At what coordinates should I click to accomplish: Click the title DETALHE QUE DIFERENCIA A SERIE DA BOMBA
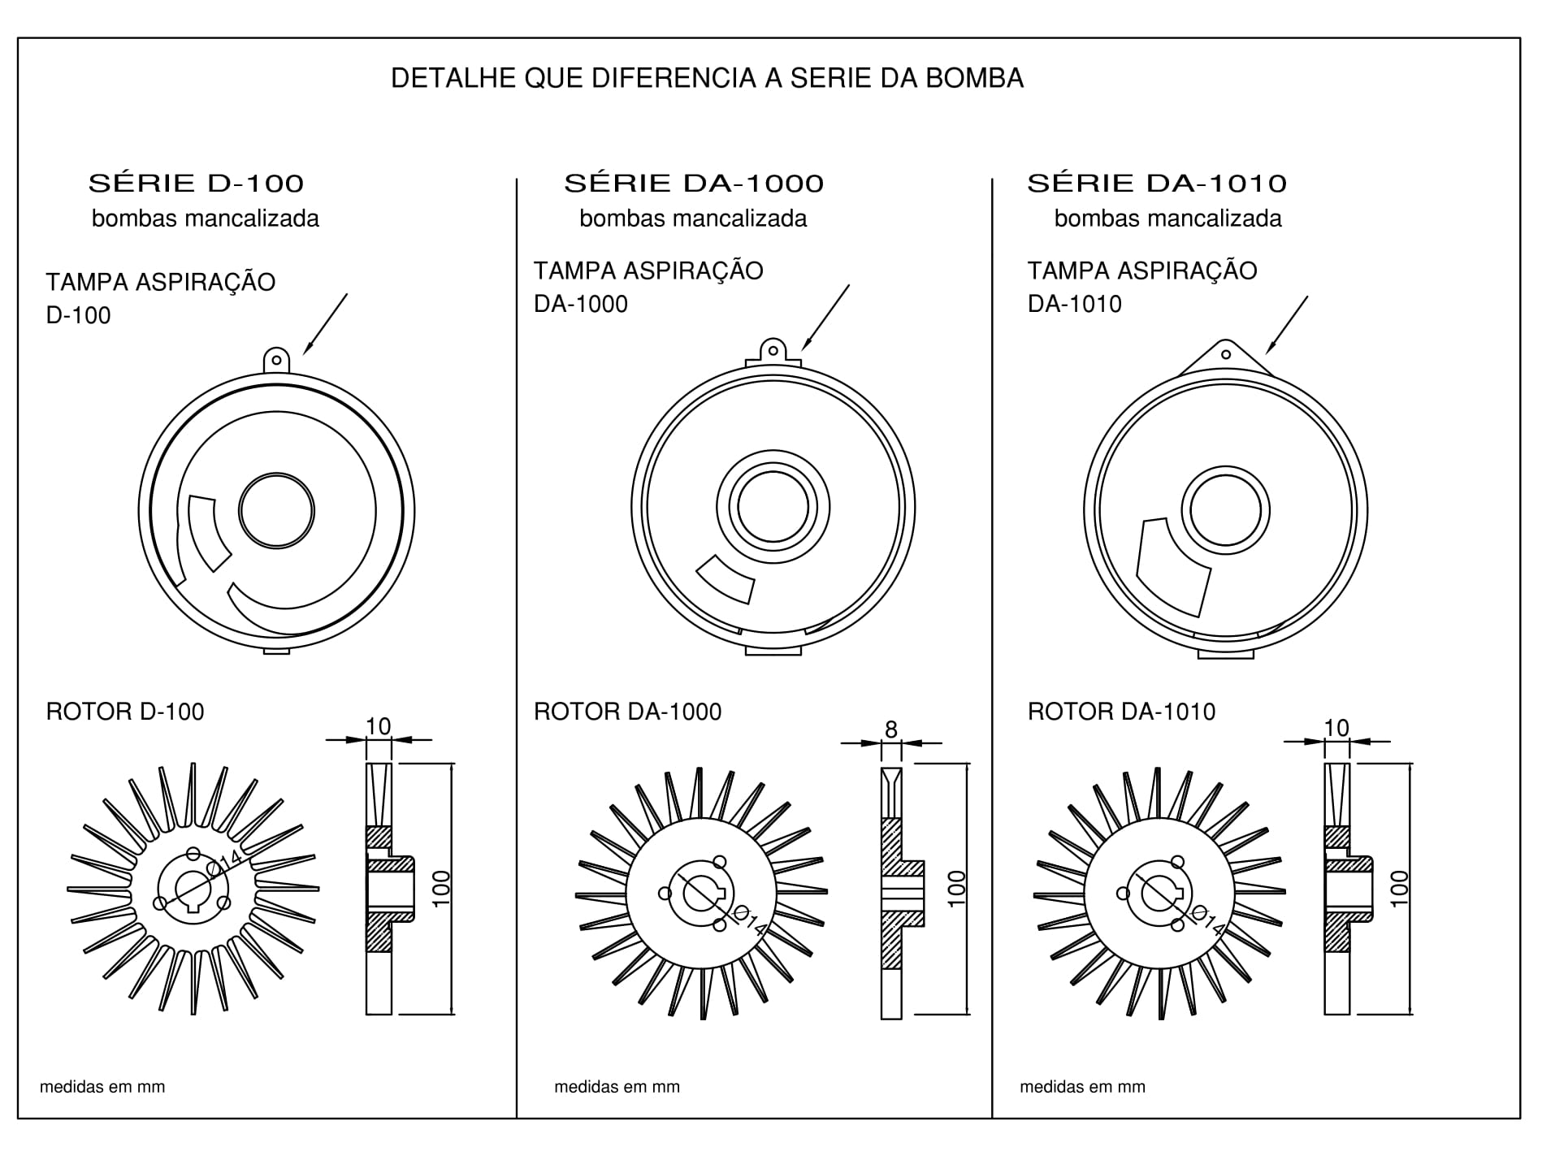point(707,79)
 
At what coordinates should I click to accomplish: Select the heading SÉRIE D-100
point(196,184)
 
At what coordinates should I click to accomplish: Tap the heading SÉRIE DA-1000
point(694,184)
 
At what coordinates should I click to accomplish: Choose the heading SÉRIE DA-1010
point(1157,184)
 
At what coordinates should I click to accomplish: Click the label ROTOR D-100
point(125,712)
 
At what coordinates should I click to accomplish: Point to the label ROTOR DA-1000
point(627,712)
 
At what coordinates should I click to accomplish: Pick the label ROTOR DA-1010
point(1121,712)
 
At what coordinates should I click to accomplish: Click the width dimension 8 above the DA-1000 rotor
point(891,729)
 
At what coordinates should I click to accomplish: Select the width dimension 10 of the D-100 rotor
point(379,726)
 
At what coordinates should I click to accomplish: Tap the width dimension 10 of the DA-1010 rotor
point(1336,727)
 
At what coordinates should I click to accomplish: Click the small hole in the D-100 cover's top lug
point(276,360)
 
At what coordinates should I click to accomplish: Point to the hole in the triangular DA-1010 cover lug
point(1226,354)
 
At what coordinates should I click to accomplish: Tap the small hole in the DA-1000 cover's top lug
point(773,352)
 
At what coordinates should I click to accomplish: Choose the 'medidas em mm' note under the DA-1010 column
point(1082,1087)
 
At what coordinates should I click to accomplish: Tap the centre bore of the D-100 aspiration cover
point(276,511)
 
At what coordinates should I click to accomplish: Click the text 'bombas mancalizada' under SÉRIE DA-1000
point(693,219)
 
